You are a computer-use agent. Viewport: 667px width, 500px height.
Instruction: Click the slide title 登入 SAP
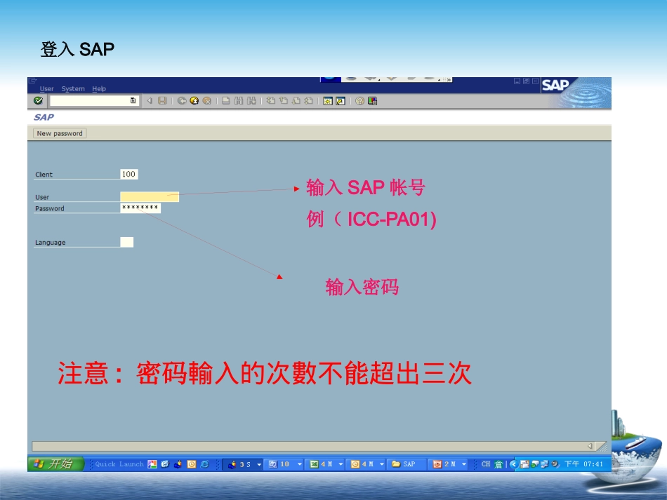(x=77, y=50)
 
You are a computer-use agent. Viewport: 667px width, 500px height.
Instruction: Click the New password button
(x=60, y=133)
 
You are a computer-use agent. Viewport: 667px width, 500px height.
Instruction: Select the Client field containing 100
(x=128, y=174)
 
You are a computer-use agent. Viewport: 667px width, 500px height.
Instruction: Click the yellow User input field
(x=150, y=197)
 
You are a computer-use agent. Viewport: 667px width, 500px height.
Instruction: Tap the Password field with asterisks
(x=140, y=208)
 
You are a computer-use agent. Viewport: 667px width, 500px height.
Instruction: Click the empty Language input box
(x=126, y=243)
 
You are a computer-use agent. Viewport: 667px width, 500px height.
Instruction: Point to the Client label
(x=44, y=175)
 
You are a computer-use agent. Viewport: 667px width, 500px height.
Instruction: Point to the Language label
(x=51, y=243)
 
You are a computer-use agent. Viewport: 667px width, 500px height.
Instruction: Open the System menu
(x=73, y=89)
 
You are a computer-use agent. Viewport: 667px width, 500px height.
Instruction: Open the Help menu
(x=99, y=89)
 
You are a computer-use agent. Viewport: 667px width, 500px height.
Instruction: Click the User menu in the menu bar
(x=46, y=89)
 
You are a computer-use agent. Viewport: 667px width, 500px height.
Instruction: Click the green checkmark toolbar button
(x=39, y=101)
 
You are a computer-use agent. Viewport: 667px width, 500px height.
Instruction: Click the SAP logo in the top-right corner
(x=555, y=86)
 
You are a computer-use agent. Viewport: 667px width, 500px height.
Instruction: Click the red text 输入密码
(x=362, y=287)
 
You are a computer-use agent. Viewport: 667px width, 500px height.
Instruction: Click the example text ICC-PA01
(x=391, y=219)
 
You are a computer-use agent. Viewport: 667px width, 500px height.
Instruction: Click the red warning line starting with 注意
(x=265, y=374)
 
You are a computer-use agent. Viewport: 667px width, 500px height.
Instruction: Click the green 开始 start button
(x=55, y=464)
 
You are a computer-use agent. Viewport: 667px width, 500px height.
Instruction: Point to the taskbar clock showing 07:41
(x=584, y=464)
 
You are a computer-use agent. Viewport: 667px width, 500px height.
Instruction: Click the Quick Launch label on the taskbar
(x=119, y=464)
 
